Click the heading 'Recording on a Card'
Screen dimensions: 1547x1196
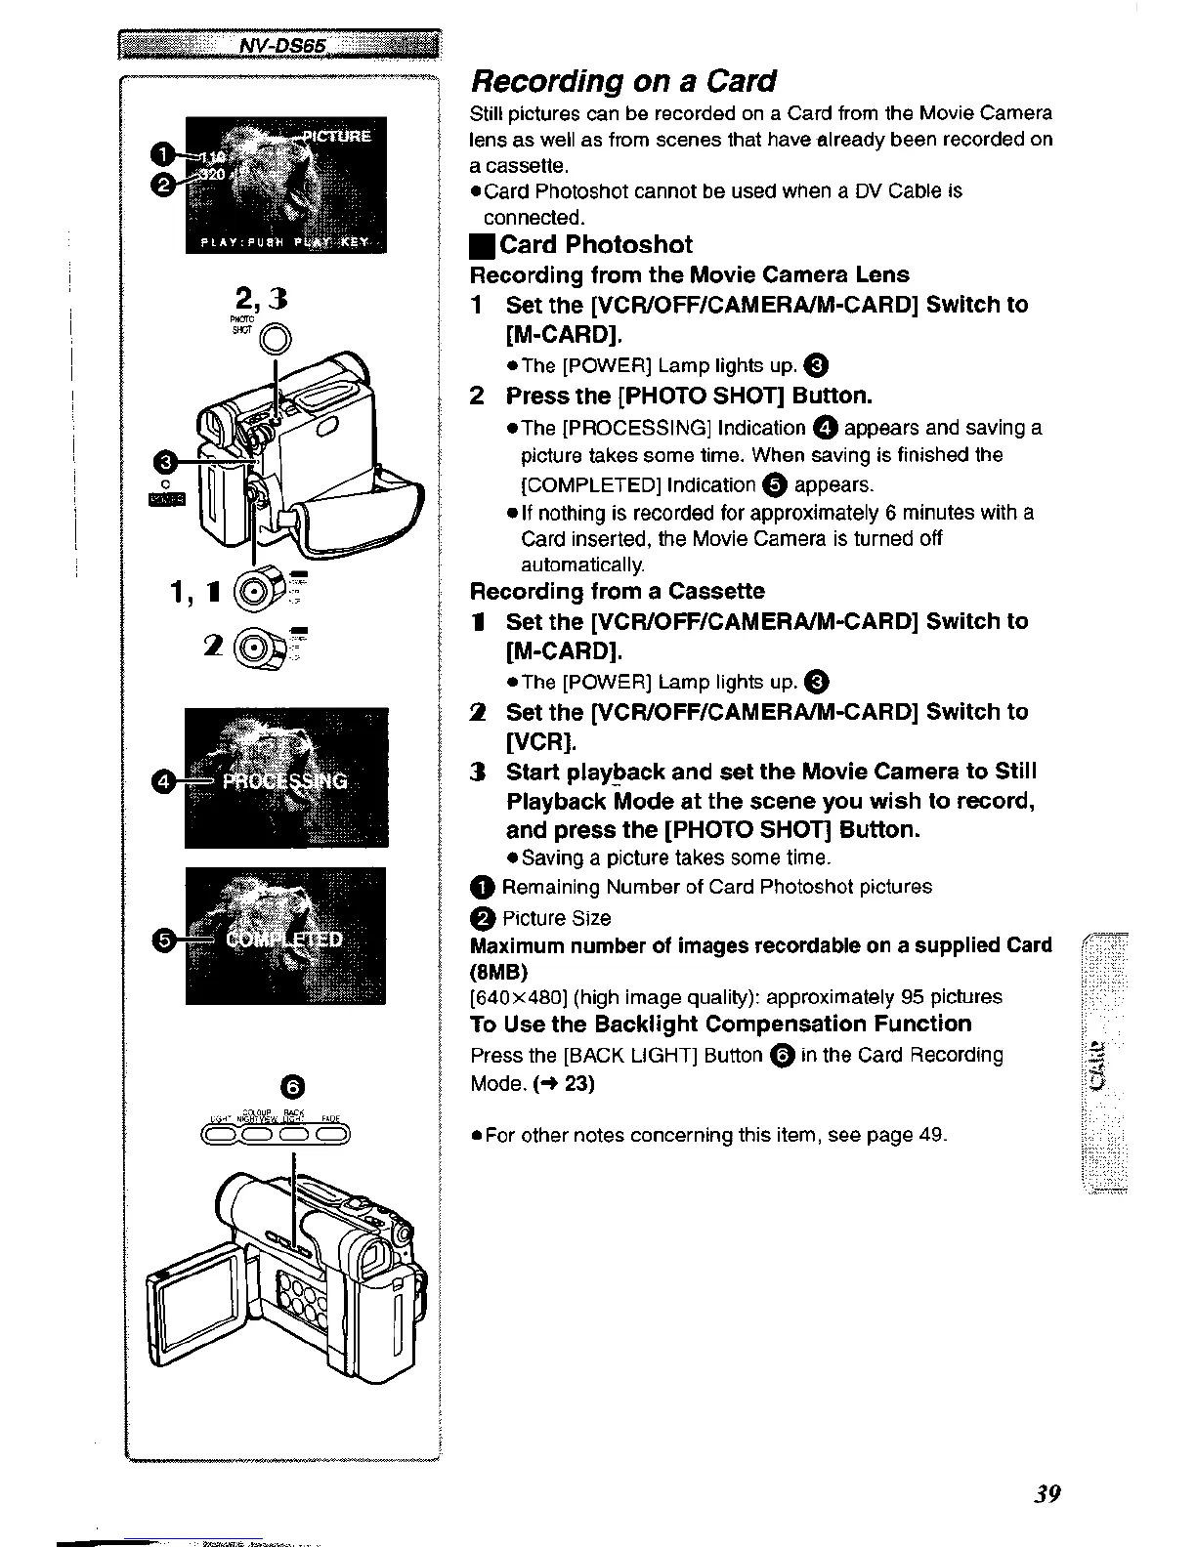click(x=623, y=80)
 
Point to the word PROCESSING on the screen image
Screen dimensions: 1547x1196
click(x=284, y=781)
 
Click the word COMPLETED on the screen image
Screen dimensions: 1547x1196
click(x=284, y=939)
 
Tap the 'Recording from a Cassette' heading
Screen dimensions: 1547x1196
click(x=618, y=591)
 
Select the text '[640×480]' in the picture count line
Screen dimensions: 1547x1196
click(x=518, y=997)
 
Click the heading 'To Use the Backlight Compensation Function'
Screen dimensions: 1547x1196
click(x=721, y=1024)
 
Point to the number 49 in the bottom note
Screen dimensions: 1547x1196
click(x=929, y=1135)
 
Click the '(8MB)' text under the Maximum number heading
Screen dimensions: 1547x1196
click(x=499, y=972)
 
